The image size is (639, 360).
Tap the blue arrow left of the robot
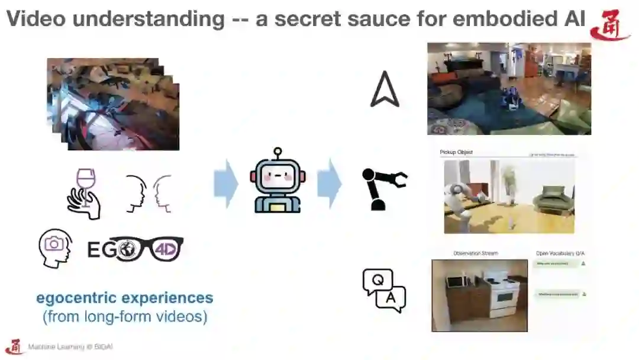pyautogui.click(x=225, y=184)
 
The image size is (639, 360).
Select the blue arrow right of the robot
pyautogui.click(x=329, y=183)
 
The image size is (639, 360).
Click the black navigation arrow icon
pyautogui.click(x=384, y=89)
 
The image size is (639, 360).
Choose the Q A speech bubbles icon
pyautogui.click(x=384, y=290)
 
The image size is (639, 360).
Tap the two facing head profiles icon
pyautogui.click(x=148, y=194)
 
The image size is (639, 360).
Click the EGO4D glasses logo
pyautogui.click(x=135, y=249)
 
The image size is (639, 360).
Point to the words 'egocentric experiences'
pyautogui.click(x=124, y=297)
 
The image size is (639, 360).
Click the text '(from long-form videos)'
pyautogui.click(x=124, y=317)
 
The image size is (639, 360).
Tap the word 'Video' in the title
pyautogui.click(x=36, y=19)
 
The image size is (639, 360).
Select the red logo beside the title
pyautogui.click(x=609, y=25)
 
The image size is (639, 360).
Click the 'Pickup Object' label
pyautogui.click(x=456, y=152)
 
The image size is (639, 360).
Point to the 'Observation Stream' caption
pyautogui.click(x=475, y=253)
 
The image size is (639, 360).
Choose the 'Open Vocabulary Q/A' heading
pyautogui.click(x=560, y=253)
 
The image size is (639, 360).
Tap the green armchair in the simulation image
pyautogui.click(x=553, y=199)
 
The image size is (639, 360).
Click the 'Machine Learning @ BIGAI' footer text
pyautogui.click(x=66, y=348)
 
